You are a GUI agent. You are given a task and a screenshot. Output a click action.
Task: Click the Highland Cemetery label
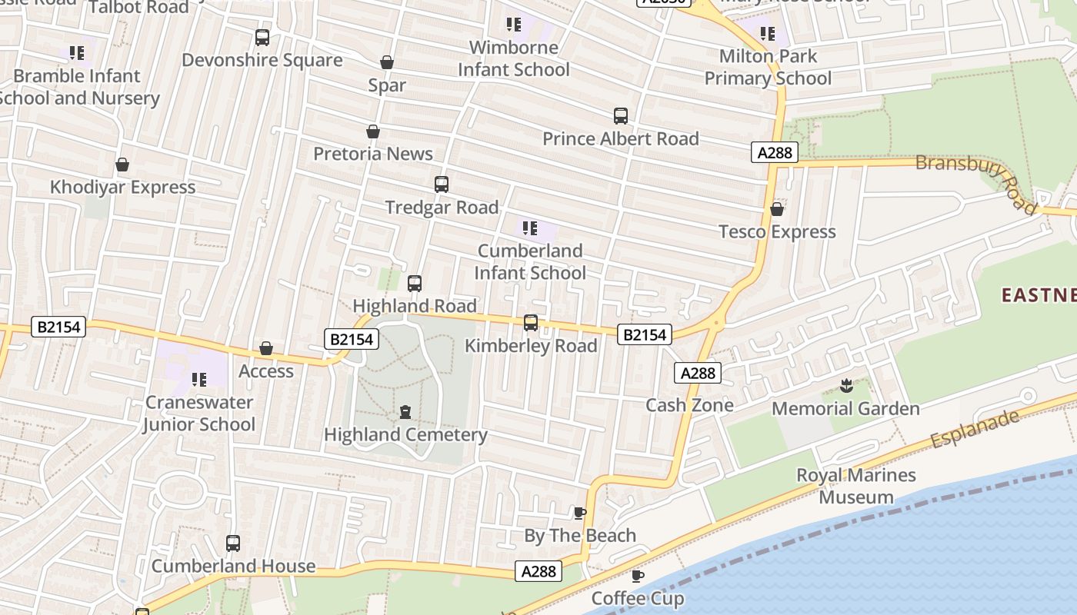pyautogui.click(x=405, y=435)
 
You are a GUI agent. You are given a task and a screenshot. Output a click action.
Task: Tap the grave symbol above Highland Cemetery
pyautogui.click(x=405, y=413)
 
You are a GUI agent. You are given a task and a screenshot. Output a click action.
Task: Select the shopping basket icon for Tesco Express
pyautogui.click(x=777, y=209)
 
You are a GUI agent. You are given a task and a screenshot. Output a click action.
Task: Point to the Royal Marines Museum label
pyautogui.click(x=855, y=486)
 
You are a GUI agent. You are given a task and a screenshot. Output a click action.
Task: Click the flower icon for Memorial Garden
pyautogui.click(x=846, y=386)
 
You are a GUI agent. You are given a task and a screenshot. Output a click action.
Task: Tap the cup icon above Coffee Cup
pyautogui.click(x=637, y=576)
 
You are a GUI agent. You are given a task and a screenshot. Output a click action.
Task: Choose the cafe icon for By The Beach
pyautogui.click(x=580, y=513)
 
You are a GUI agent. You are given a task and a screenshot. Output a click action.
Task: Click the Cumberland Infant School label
pyautogui.click(x=530, y=262)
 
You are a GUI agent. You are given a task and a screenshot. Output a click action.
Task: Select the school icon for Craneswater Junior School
pyautogui.click(x=199, y=380)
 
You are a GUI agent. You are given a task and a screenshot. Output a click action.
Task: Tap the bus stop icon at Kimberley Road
pyautogui.click(x=531, y=323)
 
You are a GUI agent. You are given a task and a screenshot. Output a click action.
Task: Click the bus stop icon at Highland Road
pyautogui.click(x=415, y=284)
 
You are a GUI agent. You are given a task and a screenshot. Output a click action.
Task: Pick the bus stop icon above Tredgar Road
pyautogui.click(x=442, y=184)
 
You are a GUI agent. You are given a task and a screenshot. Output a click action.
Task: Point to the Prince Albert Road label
pyautogui.click(x=621, y=139)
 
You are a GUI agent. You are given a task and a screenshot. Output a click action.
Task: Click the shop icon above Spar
pyautogui.click(x=387, y=62)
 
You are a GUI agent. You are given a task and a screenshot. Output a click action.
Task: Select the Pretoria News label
pyautogui.click(x=373, y=154)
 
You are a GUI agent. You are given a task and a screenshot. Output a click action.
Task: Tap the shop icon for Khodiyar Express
pyautogui.click(x=122, y=165)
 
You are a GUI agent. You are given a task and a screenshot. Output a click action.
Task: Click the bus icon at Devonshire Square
pyautogui.click(x=262, y=37)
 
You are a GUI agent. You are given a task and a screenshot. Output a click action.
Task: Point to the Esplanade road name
pyautogui.click(x=975, y=429)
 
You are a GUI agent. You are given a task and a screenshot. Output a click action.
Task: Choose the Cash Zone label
pyautogui.click(x=689, y=405)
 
